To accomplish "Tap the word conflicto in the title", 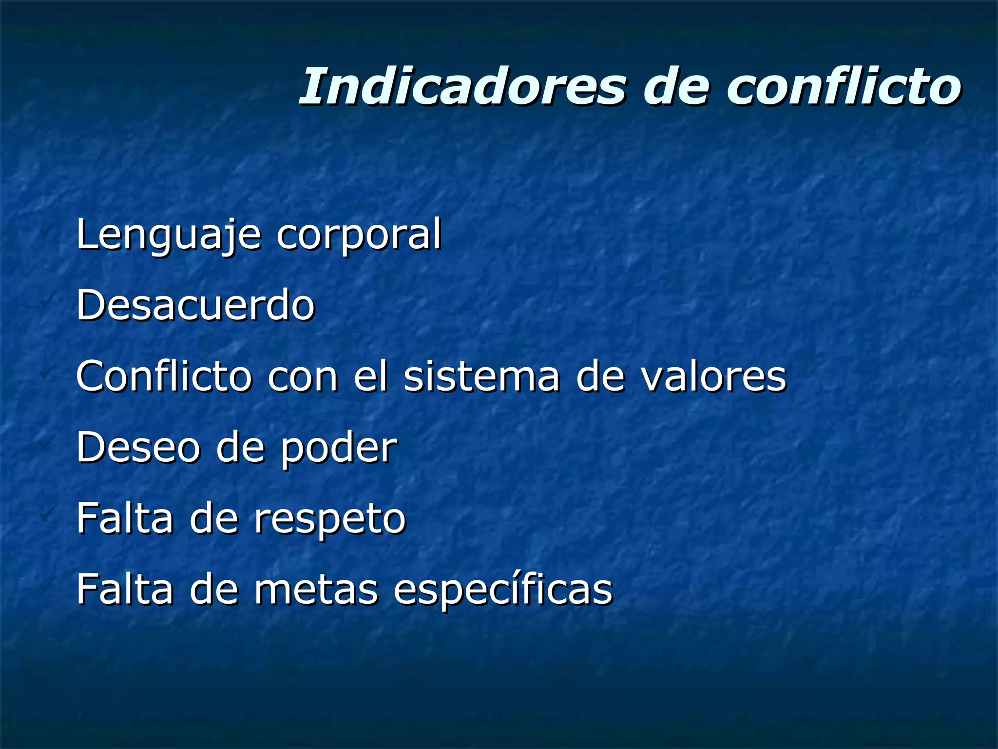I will coord(844,86).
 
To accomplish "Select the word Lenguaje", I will coord(169,235).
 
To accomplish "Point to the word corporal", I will coord(359,235).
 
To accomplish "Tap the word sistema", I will coord(482,376).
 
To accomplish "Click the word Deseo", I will coord(138,447).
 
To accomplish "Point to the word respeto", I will coord(330,519).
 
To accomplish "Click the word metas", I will coord(316,589).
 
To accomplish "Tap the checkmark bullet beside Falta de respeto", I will coord(47,513).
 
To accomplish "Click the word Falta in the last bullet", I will coord(125,589).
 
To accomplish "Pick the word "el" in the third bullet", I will coord(371,376).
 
